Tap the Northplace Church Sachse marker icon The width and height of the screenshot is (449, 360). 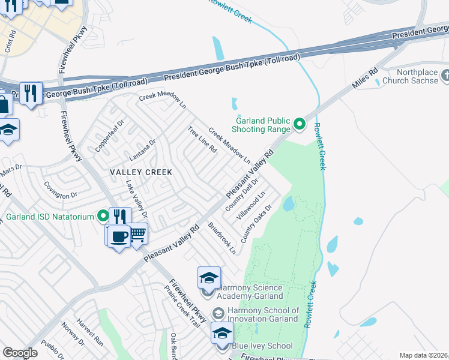tap(444, 76)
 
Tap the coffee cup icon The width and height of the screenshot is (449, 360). tap(119, 236)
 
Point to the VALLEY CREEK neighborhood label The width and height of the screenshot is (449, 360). tap(141, 172)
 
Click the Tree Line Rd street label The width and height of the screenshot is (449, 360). tap(202, 139)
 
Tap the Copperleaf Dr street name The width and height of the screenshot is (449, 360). tap(109, 136)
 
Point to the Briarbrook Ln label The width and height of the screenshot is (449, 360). tap(221, 239)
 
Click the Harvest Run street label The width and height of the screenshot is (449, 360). tap(91, 340)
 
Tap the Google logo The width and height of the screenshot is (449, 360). tap(20, 353)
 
